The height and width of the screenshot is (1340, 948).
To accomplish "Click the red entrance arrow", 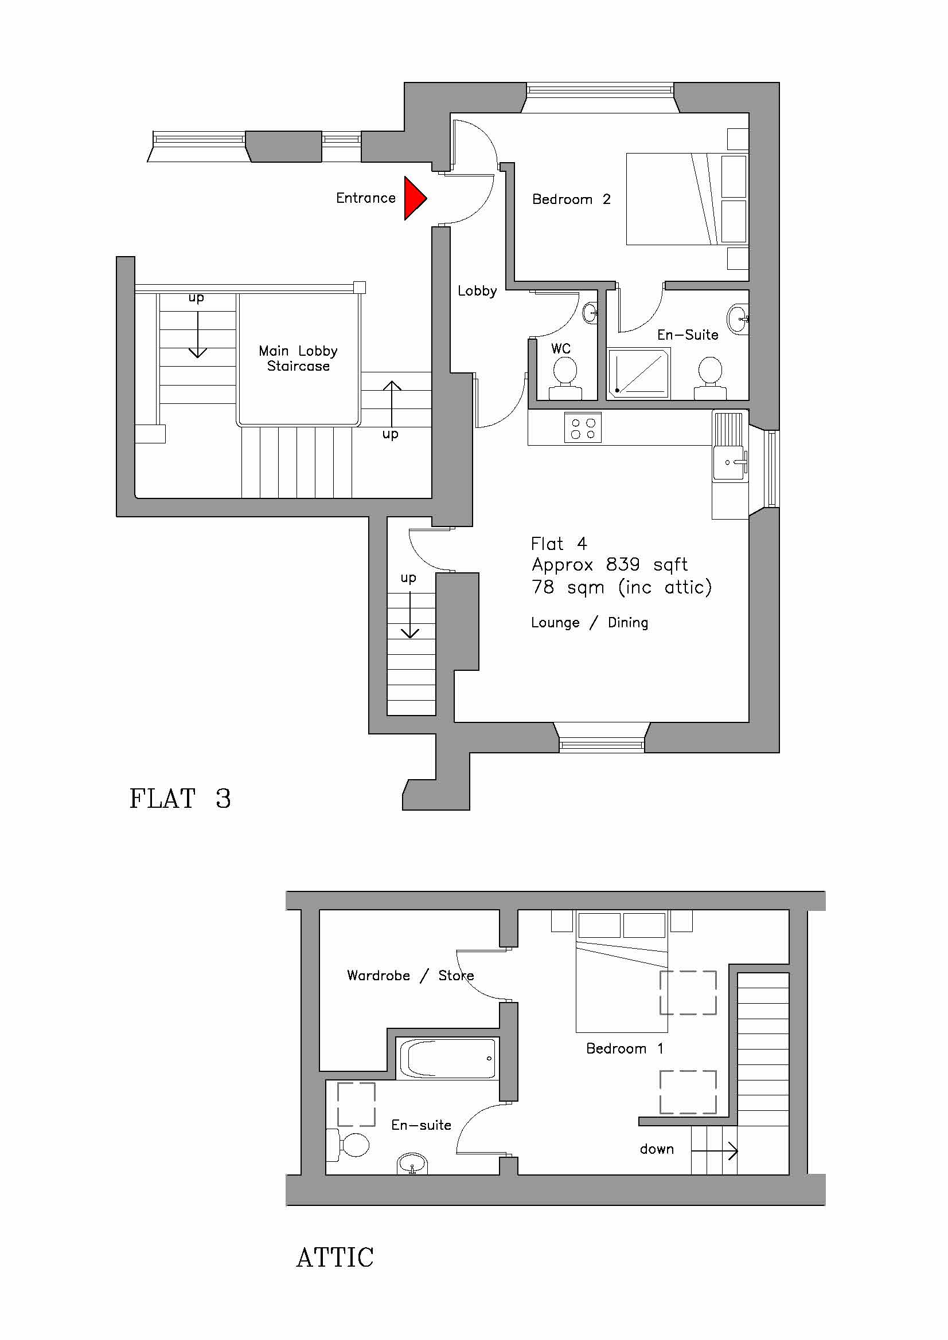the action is click(415, 198).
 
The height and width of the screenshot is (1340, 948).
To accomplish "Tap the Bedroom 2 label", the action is click(571, 199).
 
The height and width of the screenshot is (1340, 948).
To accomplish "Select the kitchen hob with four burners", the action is click(583, 428).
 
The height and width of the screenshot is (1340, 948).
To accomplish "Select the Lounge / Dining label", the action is click(590, 623).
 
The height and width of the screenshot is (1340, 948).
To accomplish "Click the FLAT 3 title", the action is click(180, 799).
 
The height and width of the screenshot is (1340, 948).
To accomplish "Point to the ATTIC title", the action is click(335, 1258).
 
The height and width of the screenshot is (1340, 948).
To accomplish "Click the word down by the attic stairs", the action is click(657, 1149).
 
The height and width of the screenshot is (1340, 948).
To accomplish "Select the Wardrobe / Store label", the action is click(410, 975).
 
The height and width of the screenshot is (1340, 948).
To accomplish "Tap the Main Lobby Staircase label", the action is click(298, 358).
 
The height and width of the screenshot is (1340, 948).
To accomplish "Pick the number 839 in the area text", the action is click(623, 564).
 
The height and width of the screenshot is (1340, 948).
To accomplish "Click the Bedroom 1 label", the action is click(625, 1049).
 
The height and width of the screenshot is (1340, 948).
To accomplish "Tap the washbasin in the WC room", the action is click(591, 313).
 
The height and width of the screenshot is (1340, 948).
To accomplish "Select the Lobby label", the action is click(477, 290).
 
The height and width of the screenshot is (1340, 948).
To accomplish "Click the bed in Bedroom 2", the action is click(687, 199).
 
